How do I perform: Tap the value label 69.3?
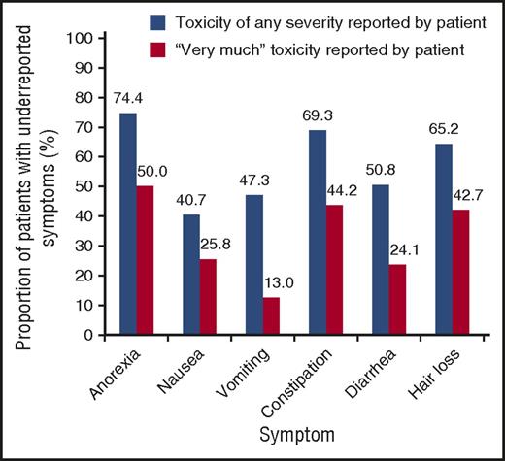pos(332,115)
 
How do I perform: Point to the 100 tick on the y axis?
pos(85,39)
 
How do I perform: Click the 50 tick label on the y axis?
pos(89,187)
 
